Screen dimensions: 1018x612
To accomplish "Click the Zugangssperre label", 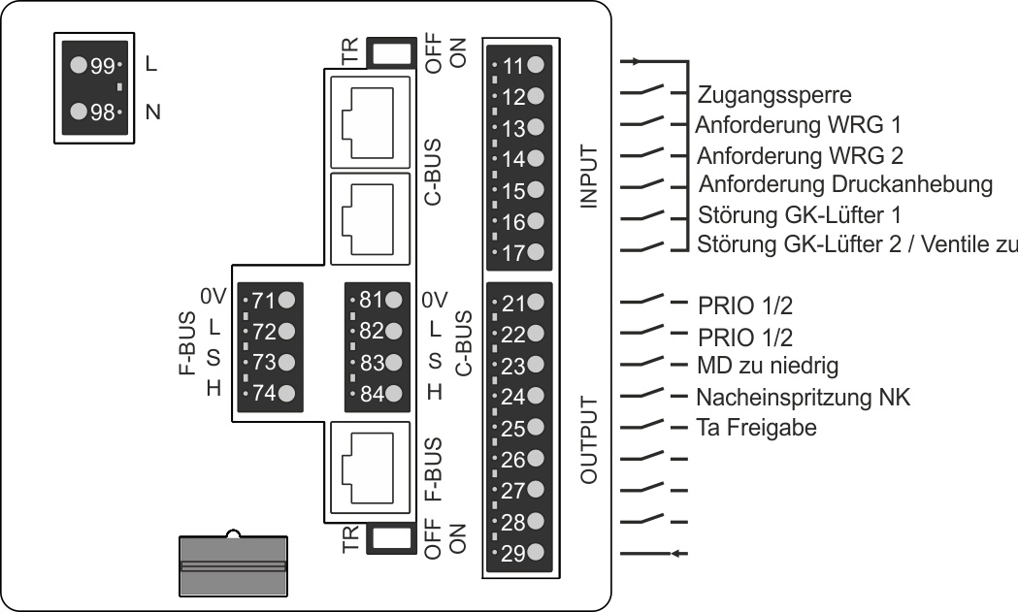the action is pos(773,95).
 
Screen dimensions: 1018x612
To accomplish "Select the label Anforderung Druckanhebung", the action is pos(845,184).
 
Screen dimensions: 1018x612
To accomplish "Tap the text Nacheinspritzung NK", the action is pos(804,397).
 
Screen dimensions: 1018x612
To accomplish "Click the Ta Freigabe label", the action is pos(756,427).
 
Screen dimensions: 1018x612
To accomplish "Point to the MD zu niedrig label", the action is pos(768,366).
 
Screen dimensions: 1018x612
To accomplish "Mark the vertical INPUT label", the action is pos(588,176).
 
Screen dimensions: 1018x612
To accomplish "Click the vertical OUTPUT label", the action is pos(588,439).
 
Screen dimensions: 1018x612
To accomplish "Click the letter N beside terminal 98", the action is pos(152,113).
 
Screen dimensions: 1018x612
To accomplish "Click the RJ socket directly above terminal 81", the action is pos(371,219).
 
